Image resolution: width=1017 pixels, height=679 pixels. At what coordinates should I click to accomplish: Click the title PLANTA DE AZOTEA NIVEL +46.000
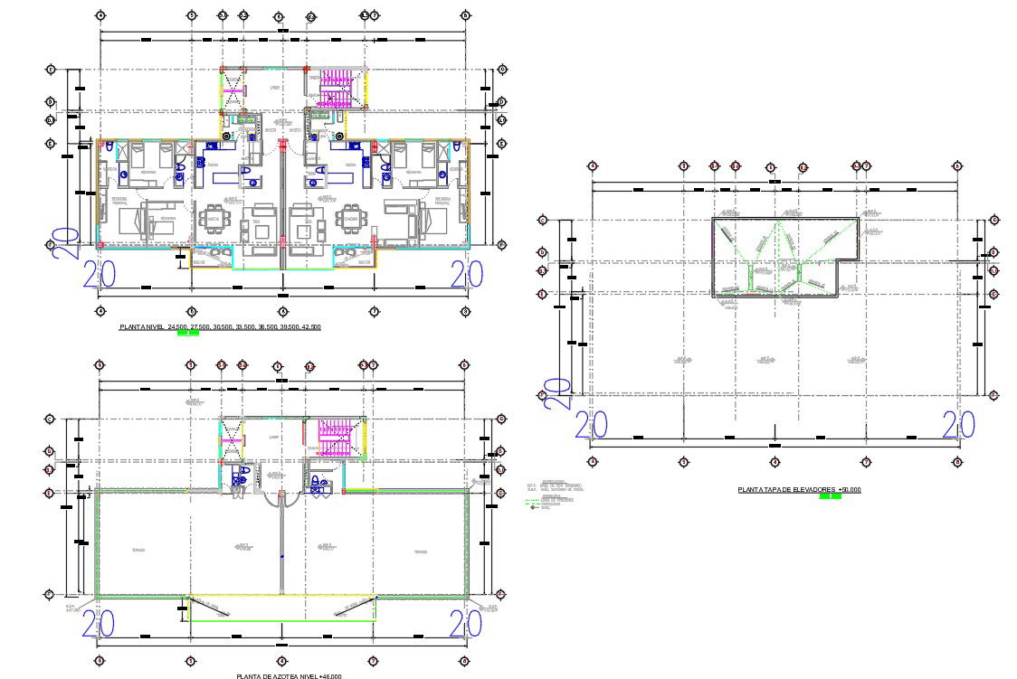289,675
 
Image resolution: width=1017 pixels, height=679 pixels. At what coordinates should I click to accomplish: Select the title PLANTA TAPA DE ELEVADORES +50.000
799,489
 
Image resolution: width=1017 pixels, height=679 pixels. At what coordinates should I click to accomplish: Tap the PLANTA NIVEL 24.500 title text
220,326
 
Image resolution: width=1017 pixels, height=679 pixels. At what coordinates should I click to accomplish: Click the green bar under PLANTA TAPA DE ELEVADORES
830,496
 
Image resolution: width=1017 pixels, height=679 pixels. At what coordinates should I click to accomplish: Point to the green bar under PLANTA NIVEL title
188,333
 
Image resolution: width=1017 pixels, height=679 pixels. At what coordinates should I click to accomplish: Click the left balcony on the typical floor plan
210,258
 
